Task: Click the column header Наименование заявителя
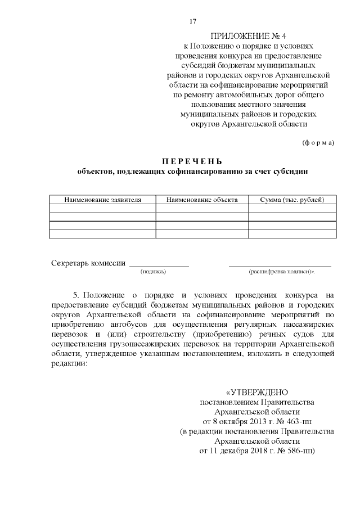click(x=102, y=200)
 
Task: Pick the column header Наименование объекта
click(x=202, y=200)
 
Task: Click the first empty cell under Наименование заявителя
click(x=102, y=208)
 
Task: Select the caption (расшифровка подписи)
click(x=281, y=272)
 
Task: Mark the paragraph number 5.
click(x=76, y=295)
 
